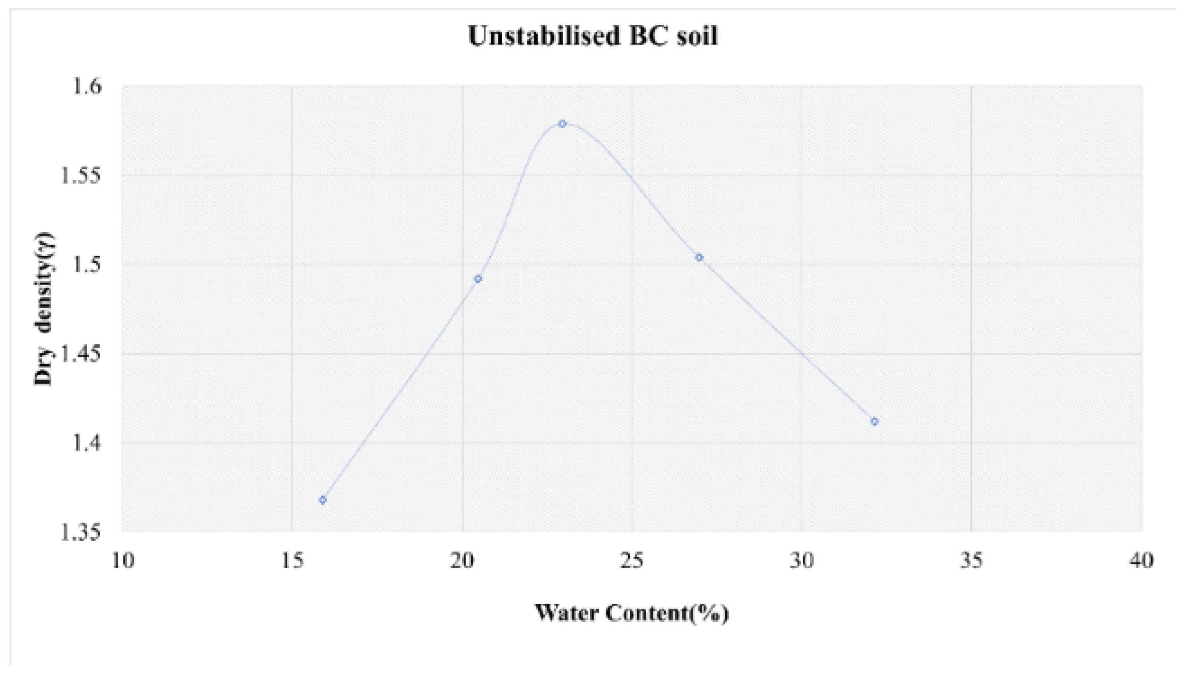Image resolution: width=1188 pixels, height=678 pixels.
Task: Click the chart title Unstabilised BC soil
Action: coord(593,36)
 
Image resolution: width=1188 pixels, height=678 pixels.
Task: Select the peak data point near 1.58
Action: coord(562,124)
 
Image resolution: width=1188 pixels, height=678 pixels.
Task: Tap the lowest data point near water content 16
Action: coord(323,500)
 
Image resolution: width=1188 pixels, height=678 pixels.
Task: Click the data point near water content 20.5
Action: coord(478,279)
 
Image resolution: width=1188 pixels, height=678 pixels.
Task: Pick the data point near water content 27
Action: coord(699,257)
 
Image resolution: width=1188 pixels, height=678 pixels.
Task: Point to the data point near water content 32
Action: coord(874,421)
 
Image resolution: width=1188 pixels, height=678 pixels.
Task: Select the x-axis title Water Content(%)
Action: coord(631,613)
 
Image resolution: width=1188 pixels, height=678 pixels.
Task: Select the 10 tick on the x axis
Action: coord(123,561)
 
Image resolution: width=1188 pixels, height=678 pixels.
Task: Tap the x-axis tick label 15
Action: coord(292,561)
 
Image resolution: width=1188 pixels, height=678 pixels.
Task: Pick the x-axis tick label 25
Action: coord(632,561)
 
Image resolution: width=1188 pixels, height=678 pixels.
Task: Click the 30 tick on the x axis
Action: coord(802,561)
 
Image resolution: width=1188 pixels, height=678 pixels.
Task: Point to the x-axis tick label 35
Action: coord(971,561)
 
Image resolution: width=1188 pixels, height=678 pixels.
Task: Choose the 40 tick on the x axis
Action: coord(1141,561)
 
